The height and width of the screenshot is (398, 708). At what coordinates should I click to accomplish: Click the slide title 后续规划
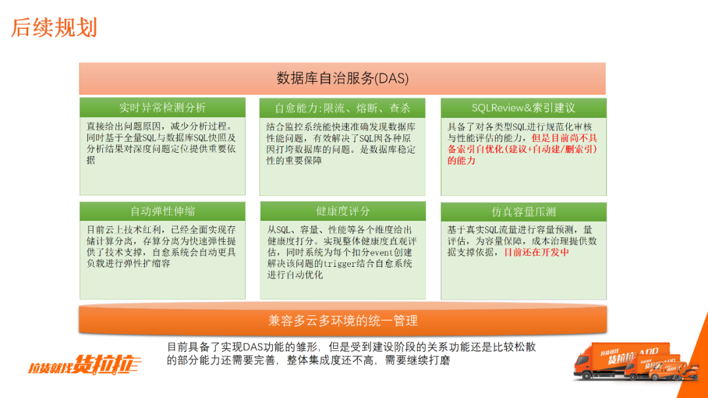click(54, 28)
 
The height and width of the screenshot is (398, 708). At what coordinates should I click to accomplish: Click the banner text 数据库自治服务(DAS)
click(343, 79)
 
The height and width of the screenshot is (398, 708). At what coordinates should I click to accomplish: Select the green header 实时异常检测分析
click(163, 108)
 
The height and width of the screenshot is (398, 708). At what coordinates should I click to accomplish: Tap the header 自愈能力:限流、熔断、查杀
click(342, 108)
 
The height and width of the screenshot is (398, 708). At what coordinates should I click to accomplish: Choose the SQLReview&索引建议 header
click(523, 108)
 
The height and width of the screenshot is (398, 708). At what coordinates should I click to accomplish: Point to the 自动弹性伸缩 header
click(163, 211)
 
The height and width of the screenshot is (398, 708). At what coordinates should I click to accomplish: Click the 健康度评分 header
click(343, 211)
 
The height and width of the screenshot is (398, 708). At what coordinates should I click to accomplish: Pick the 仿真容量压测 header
click(523, 212)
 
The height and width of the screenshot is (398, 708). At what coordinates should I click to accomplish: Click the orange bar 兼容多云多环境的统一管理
click(343, 320)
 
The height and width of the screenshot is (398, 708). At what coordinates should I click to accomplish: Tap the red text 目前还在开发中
click(536, 252)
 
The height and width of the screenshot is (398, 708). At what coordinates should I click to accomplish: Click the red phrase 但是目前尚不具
click(564, 138)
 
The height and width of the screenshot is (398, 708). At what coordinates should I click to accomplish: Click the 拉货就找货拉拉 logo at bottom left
click(85, 364)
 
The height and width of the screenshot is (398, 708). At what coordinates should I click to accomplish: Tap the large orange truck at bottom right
click(621, 361)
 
